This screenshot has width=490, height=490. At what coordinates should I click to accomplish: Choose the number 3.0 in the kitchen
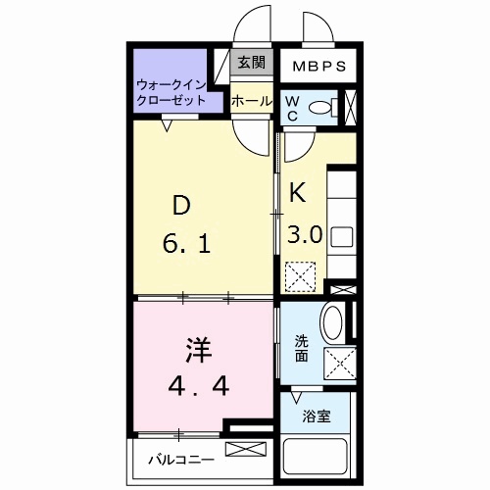[305, 234]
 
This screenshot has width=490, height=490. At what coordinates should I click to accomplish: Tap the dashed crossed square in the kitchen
[299, 276]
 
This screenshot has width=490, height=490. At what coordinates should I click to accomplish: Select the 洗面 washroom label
[303, 349]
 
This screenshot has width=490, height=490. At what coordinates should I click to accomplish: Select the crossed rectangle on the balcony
[246, 450]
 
